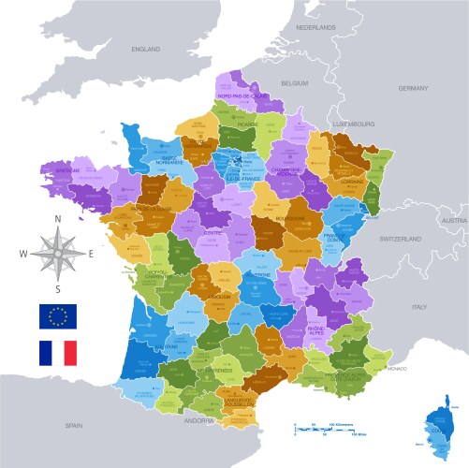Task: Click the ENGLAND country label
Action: tap(146, 49)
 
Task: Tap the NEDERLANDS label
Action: tap(315, 28)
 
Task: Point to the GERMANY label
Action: tap(413, 88)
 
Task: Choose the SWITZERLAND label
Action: tap(403, 239)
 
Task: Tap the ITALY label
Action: tap(419, 306)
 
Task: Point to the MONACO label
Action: tap(397, 370)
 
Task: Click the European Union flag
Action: tap(57, 316)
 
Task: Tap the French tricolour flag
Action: tap(57, 353)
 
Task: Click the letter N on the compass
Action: tap(58, 219)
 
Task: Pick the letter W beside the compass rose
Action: tap(23, 254)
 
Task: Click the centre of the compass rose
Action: tap(58, 253)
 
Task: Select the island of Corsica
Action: tap(443, 430)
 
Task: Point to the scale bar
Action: tap(327, 429)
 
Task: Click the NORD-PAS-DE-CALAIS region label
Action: tap(241, 95)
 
